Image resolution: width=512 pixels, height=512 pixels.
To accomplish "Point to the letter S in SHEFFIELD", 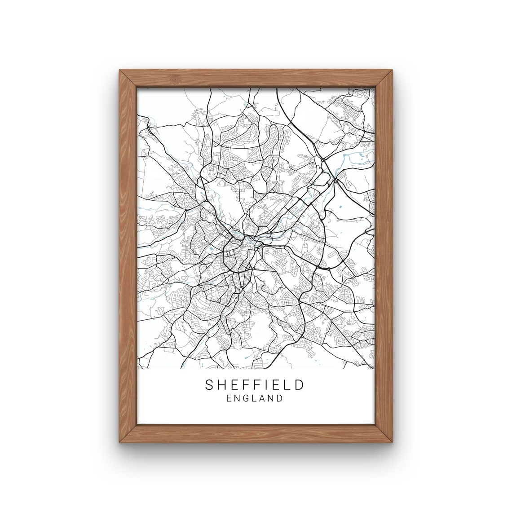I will tap(209, 385).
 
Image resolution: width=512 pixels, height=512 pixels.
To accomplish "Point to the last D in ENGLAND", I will tap(280, 398).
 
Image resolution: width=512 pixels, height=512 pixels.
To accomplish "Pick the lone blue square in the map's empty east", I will tap(340, 207).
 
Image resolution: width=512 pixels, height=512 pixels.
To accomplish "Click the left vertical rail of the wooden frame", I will tap(128, 256).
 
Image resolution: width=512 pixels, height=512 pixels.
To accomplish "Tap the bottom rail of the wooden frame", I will tap(256, 434).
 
